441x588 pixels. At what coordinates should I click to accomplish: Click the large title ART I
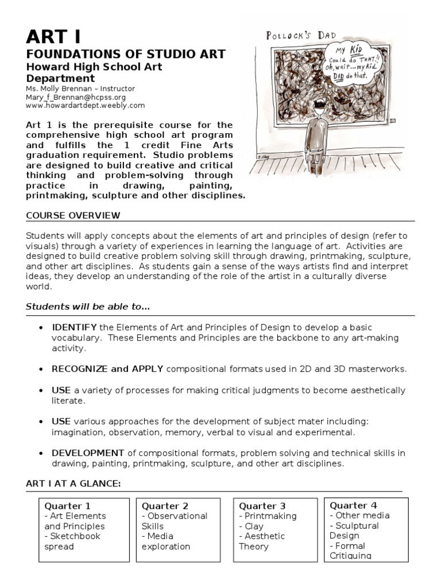(53, 36)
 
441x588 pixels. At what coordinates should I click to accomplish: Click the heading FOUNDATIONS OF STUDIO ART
(126, 55)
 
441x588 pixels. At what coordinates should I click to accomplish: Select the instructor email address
(76, 98)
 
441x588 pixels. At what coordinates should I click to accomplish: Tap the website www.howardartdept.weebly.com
(86, 106)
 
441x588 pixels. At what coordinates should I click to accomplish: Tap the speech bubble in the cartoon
(361, 64)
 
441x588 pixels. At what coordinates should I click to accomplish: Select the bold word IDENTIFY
(74, 327)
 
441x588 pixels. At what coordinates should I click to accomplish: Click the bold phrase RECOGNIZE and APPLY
(107, 369)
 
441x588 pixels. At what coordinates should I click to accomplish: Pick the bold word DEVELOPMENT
(88, 452)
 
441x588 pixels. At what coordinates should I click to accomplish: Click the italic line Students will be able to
(87, 307)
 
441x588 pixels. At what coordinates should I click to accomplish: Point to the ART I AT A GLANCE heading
(73, 483)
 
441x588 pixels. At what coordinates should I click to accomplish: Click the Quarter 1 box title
(67, 506)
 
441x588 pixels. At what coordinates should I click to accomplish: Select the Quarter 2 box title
(165, 506)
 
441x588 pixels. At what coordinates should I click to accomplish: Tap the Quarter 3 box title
(262, 506)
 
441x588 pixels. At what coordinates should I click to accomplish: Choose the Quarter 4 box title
(353, 505)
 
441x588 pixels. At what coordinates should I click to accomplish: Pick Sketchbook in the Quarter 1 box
(75, 536)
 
